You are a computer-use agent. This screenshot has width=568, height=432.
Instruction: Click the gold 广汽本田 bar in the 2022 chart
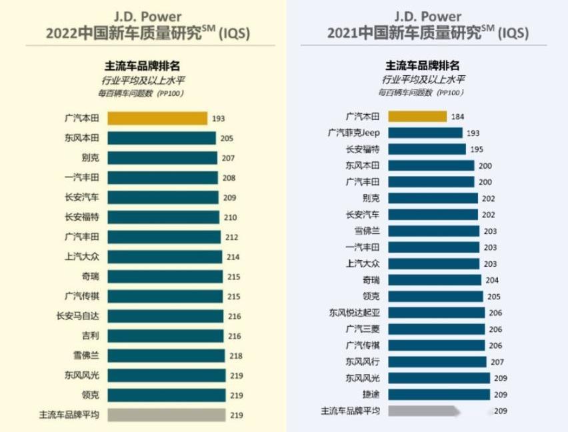157,119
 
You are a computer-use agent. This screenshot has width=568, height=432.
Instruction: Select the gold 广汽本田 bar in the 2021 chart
417,117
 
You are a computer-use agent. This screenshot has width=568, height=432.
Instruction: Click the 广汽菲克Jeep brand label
354,133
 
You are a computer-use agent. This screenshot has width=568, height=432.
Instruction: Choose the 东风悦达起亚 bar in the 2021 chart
436,313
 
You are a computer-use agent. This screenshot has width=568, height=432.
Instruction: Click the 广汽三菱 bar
436,329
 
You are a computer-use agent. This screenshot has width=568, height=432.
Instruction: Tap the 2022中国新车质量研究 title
146,33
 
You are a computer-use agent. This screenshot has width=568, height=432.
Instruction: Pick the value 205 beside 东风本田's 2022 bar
227,139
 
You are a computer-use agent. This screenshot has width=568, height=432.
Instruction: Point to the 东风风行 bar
437,361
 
